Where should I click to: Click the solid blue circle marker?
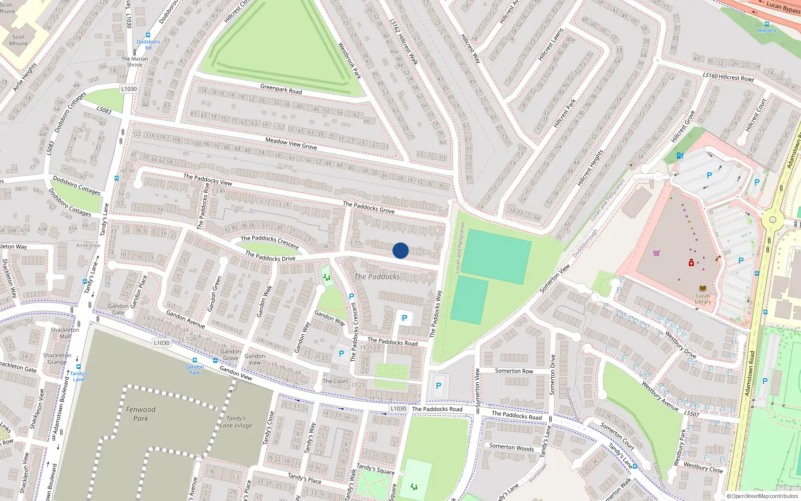[x=400, y=250]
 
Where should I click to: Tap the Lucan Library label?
[x=703, y=299]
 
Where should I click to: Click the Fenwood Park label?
[x=141, y=414]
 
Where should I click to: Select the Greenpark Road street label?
[x=281, y=89]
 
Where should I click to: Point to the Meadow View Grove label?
[x=291, y=143]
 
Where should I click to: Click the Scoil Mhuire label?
[x=18, y=40]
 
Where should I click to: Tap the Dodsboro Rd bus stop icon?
[x=148, y=36]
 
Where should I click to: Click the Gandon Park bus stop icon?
[x=195, y=360]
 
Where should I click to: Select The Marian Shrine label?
[x=134, y=62]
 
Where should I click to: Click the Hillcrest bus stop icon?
[x=767, y=24]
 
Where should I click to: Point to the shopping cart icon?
[x=656, y=253]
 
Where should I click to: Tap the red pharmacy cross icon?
[x=691, y=263]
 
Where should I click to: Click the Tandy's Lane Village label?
[x=236, y=422]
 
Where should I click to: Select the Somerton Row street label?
[x=514, y=371]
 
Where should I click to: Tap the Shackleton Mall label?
[x=65, y=333]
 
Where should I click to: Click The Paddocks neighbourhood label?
[x=377, y=277]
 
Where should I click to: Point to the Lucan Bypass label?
[x=783, y=7]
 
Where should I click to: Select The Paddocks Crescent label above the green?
[x=269, y=242]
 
